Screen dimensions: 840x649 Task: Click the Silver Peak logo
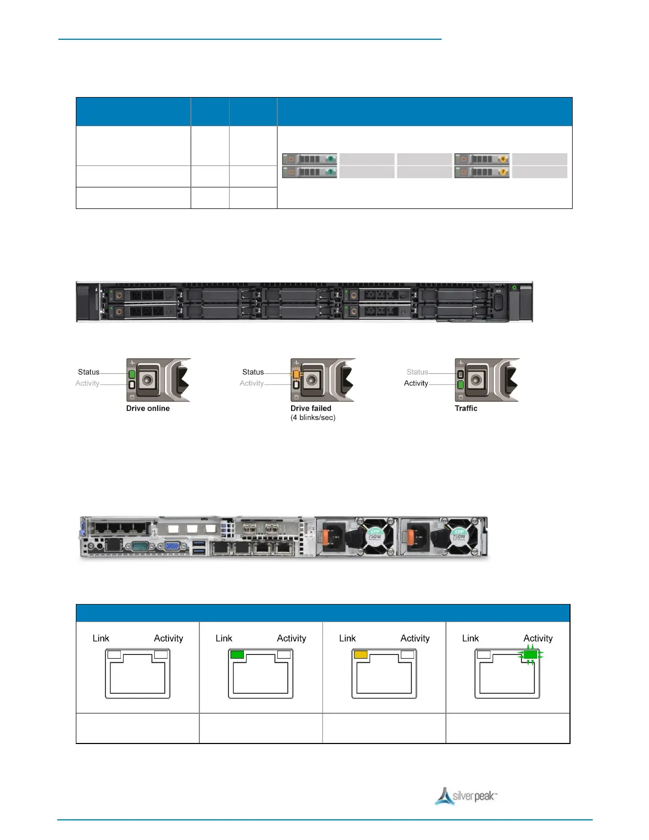[x=466, y=797]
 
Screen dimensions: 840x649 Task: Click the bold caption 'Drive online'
[x=148, y=408]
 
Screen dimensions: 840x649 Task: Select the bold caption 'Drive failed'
[x=311, y=408]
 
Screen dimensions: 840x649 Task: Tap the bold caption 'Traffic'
[x=466, y=408]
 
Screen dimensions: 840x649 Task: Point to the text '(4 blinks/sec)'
[x=313, y=418]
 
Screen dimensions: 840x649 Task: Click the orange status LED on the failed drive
[x=296, y=373]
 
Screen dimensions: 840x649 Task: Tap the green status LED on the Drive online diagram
[x=132, y=374]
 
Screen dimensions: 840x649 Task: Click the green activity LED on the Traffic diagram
[x=460, y=384]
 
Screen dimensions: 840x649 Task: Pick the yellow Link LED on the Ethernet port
[x=361, y=654]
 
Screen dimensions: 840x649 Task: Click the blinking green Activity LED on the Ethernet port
[x=530, y=655]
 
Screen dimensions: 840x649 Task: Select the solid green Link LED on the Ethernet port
[x=237, y=654]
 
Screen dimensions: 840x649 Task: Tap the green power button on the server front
[x=514, y=288]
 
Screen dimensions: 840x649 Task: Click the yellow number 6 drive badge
[x=502, y=159]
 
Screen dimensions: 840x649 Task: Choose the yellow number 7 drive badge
[x=502, y=172]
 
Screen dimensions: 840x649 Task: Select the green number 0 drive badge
[x=330, y=159]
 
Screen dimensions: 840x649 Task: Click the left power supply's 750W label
[x=375, y=536]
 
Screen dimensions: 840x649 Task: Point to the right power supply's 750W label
[x=459, y=536]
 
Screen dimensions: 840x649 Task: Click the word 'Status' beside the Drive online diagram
[x=89, y=372]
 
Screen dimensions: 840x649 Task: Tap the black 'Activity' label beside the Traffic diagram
[x=416, y=383]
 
